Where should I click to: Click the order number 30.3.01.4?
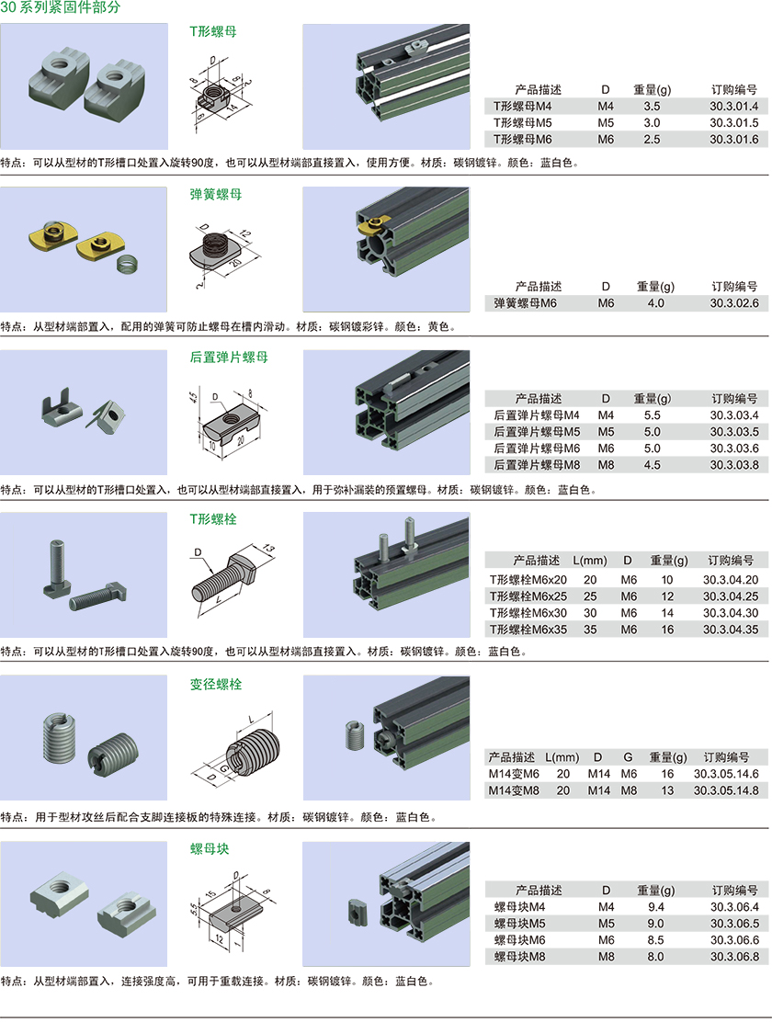pos(734,107)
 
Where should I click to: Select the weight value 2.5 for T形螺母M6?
pos(652,140)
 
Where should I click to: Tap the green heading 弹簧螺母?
pos(216,194)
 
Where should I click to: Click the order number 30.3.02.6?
pos(735,303)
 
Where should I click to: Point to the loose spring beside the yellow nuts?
pos(127,264)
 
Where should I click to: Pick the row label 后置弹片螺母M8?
pos(537,465)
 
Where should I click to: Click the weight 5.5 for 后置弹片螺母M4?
pos(652,415)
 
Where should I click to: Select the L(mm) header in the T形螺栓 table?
pos(590,561)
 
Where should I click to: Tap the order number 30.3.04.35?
pos(731,630)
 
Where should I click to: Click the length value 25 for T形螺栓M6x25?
pos(590,596)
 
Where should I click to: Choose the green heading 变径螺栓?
pos(216,685)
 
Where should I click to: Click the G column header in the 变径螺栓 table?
pos(628,757)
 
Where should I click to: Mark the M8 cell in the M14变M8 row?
pos(629,790)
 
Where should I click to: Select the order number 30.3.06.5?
pos(735,924)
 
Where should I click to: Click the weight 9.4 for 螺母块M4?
pos(656,907)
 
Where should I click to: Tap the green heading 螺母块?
pos(210,848)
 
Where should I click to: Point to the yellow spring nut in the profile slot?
pos(372,225)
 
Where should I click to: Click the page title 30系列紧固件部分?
pos(61,8)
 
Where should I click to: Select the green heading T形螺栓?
pos(213,519)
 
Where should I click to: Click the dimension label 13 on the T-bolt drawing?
pos(268,549)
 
